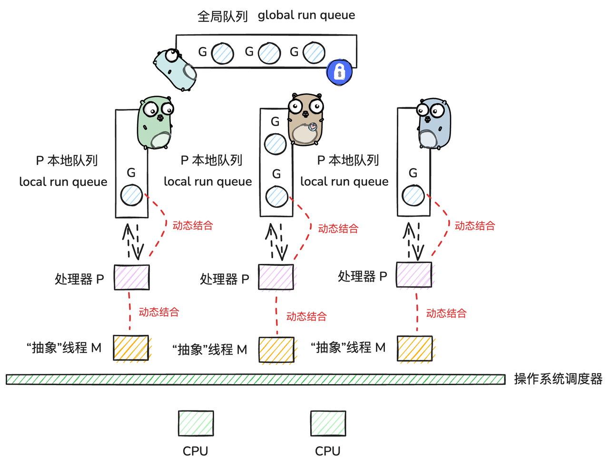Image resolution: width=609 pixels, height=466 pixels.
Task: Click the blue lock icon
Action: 339,72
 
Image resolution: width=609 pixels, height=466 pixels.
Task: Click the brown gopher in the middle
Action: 305,121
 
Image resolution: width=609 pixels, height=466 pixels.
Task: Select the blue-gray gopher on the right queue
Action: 433,125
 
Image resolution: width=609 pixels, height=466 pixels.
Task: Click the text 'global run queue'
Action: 306,15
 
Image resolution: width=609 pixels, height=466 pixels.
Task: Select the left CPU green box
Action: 196,423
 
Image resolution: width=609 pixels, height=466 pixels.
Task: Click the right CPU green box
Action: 328,423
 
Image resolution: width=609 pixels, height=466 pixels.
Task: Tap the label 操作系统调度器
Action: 558,379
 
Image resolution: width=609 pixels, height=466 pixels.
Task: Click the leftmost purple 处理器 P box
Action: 132,277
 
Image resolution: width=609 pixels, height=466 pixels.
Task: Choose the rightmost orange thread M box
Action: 415,349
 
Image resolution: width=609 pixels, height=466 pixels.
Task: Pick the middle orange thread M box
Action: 276,350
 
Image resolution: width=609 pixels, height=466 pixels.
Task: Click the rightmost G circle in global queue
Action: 314,53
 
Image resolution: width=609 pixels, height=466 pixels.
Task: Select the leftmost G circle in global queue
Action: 223,53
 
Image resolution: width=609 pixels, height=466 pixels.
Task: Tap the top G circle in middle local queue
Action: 275,144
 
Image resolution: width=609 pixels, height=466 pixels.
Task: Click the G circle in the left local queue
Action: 131,195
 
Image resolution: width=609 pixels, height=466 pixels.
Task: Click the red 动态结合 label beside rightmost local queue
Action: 475,226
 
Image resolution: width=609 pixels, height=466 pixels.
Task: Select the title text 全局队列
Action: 223,17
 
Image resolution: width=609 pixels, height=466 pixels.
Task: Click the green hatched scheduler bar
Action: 255,379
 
